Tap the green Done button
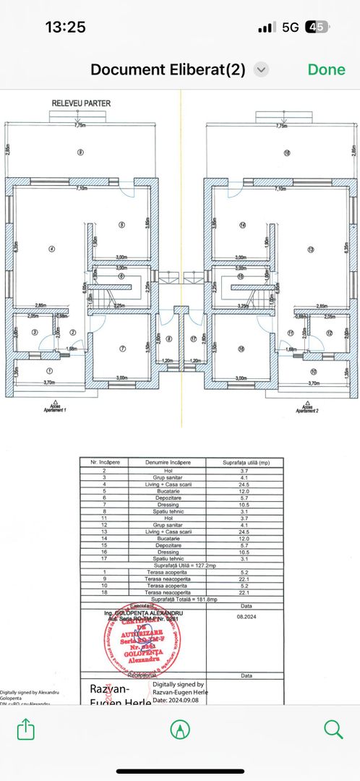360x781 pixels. coord(326,69)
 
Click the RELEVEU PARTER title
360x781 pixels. coord(81,103)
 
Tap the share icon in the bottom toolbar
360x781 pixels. coord(25,729)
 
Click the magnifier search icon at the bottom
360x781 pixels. coord(333,729)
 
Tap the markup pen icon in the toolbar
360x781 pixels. coord(179,729)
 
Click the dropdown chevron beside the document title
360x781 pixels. coord(262,69)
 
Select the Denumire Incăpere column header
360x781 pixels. coord(167,461)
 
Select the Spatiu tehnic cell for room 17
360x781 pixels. coord(167,559)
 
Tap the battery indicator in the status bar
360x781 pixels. coord(317,27)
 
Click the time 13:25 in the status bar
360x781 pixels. coord(65,27)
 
